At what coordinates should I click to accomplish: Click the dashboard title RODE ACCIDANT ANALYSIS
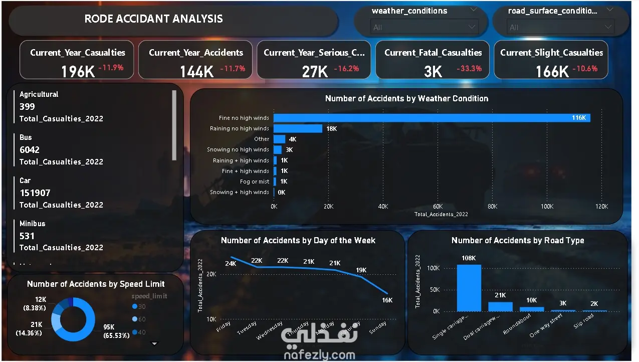pos(153,19)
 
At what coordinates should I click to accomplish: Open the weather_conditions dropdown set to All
pos(424,27)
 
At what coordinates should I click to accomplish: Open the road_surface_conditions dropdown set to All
pos(560,27)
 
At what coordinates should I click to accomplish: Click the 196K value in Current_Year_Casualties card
pos(78,72)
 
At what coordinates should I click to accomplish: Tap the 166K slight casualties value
pos(552,72)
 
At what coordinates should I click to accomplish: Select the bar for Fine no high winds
pos(431,118)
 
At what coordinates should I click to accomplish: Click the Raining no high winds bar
pos(298,128)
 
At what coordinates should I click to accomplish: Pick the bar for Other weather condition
pos(279,139)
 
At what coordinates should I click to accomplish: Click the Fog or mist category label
pos(254,182)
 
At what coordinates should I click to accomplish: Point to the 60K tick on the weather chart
pos(438,206)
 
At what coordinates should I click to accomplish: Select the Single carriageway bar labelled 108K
pos(469,288)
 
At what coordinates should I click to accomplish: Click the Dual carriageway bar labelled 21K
pos(500,306)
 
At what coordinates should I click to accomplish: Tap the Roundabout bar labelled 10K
pos(531,309)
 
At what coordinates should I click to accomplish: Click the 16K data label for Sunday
pos(386,300)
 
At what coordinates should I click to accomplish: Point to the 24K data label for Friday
pos(231,263)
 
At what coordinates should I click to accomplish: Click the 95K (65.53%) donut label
pos(116,331)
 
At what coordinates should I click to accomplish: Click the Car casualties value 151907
pos(35,193)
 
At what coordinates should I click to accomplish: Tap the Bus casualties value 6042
pos(30,149)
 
